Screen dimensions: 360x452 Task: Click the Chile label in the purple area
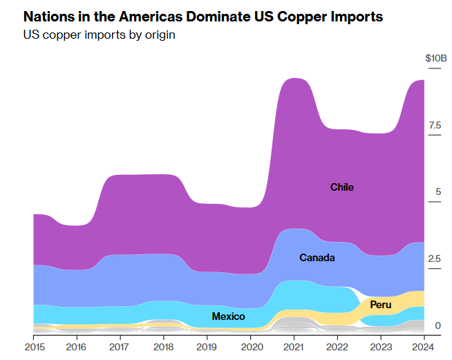(341, 187)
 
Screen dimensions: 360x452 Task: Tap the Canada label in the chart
(317, 258)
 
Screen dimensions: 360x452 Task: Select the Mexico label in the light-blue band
(228, 316)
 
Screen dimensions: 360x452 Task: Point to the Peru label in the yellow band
(380, 305)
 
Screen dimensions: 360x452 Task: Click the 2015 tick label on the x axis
(34, 345)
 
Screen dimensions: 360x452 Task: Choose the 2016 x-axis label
(77, 345)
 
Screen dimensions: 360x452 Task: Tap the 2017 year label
(120, 345)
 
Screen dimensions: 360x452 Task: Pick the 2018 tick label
(164, 345)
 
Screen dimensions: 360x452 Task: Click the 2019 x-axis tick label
(207, 345)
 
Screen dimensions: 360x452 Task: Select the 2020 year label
(250, 345)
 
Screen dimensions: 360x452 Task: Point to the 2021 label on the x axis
(294, 345)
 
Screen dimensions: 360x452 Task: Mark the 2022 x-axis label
(337, 345)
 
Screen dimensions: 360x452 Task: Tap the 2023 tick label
(380, 345)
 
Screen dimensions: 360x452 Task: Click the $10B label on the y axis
(436, 58)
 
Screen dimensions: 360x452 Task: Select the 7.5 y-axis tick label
(434, 125)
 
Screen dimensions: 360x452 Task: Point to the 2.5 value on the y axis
(434, 258)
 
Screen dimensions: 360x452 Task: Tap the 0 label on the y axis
(437, 325)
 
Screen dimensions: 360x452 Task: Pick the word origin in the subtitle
(158, 35)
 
